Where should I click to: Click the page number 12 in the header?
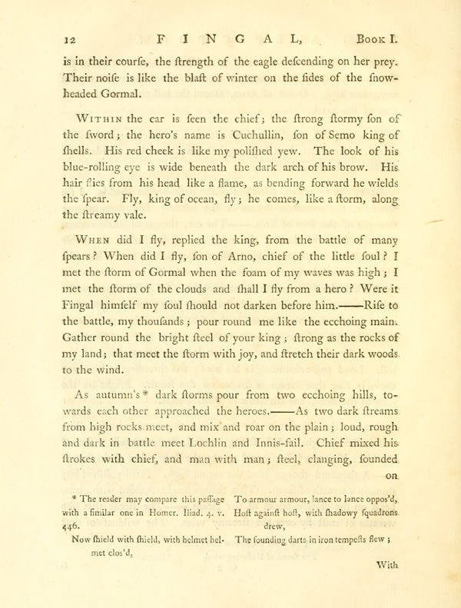(x=55, y=35)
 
